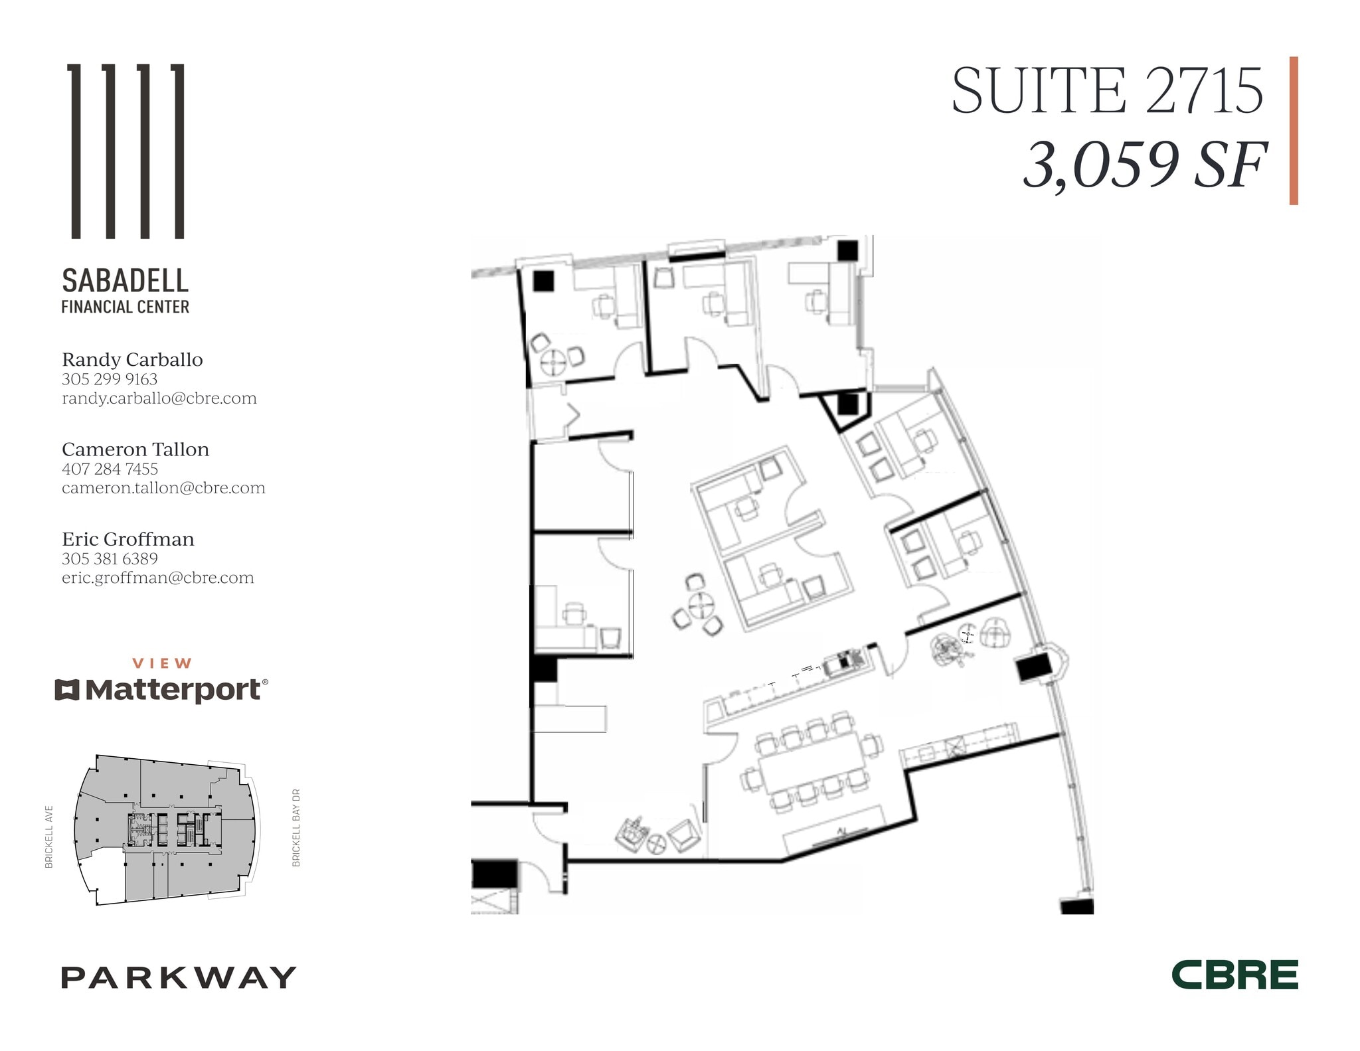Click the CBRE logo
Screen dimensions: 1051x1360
pos(1234,975)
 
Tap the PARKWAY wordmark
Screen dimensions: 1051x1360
pos(178,977)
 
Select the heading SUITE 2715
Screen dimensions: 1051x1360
pos(1107,91)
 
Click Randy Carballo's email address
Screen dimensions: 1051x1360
pos(159,398)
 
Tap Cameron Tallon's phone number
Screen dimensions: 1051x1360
pos(110,469)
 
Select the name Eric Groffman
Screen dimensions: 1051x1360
pos(127,539)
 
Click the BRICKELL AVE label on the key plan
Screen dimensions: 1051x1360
pos(49,837)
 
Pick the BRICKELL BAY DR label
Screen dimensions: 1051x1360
pos(296,827)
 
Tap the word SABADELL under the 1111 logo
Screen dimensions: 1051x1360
pos(126,281)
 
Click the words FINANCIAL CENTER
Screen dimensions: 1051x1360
pos(126,307)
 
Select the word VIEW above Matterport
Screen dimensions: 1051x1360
pos(162,663)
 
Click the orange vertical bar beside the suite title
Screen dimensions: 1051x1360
pos(1294,130)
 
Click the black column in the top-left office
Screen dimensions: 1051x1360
pos(543,281)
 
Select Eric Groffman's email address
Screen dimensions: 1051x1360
pos(157,578)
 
